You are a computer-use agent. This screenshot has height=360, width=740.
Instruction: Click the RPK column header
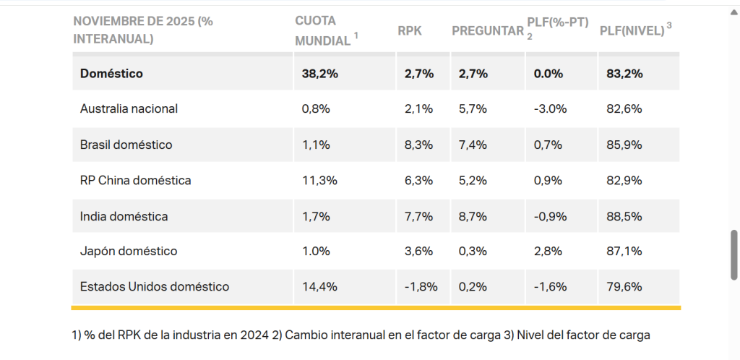point(409,30)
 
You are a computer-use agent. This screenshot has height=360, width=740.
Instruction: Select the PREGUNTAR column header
point(487,30)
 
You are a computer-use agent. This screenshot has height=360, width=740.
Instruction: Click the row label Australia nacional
point(129,108)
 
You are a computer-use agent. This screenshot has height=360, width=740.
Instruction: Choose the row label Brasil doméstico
point(126,145)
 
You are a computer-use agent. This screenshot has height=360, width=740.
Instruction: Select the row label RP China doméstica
point(136,180)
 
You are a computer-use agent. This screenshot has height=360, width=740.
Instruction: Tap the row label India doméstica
point(124,215)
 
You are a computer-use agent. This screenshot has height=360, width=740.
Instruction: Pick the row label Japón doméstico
point(129,251)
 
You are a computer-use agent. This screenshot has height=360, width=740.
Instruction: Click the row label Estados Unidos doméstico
point(155,286)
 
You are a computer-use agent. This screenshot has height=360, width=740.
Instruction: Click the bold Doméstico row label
point(111,73)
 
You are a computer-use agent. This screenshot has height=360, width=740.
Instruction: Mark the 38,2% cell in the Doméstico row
point(319,73)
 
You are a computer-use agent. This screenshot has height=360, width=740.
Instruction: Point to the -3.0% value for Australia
point(550,108)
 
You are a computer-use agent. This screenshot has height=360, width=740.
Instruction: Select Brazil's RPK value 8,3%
point(419,145)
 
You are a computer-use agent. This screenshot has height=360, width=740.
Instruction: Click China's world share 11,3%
point(319,180)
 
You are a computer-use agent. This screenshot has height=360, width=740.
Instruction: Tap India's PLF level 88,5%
point(624,215)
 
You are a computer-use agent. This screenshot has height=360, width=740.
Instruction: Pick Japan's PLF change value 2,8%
point(547,251)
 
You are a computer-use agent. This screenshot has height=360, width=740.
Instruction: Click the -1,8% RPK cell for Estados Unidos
point(421,286)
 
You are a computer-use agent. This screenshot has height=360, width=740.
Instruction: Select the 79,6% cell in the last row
point(624,286)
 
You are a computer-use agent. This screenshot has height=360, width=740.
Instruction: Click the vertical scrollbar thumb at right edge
point(734,254)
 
